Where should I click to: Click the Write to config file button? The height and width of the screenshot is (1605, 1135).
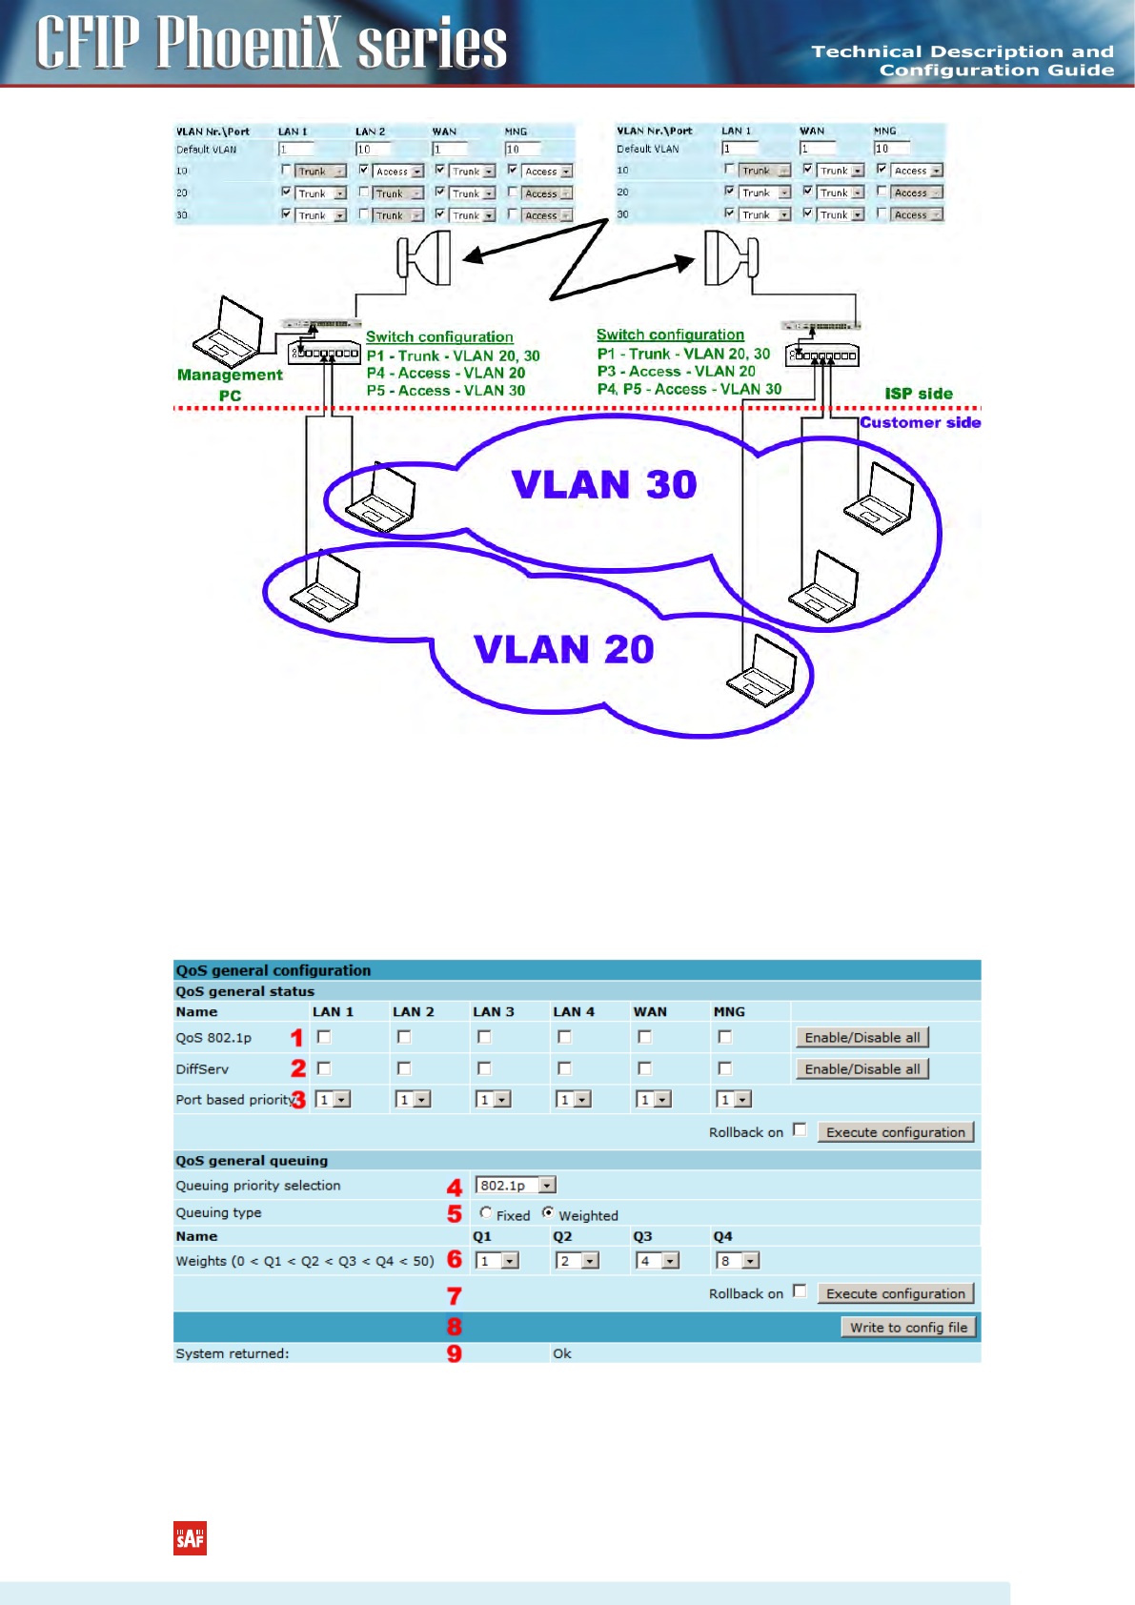pos(908,1328)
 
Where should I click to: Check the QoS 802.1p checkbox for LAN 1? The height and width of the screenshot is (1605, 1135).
pos(324,1037)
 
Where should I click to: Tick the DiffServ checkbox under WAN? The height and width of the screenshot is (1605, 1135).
pos(645,1068)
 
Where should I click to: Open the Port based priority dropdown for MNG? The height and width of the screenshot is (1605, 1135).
pos(734,1100)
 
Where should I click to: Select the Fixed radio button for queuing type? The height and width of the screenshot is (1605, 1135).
pos(486,1213)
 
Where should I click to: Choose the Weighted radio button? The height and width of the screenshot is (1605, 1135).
pos(548,1213)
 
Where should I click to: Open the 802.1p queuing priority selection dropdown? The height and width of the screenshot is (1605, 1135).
pos(516,1186)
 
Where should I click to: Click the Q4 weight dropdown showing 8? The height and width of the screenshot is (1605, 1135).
pos(738,1261)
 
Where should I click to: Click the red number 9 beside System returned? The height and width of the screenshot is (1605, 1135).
pos(455,1353)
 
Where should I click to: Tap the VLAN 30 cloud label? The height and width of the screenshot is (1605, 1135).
pos(604,484)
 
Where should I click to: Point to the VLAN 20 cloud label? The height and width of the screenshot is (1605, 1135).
pos(564,650)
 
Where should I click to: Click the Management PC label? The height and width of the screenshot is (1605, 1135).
pos(230,385)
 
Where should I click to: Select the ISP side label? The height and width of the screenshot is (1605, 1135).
pos(919,394)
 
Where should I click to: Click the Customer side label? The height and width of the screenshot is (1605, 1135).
pos(920,422)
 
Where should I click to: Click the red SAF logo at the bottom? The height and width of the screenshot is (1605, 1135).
pos(190,1538)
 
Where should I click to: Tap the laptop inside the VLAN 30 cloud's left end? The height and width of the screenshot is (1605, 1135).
pos(381,497)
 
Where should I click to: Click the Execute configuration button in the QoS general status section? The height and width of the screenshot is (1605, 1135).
pos(896,1132)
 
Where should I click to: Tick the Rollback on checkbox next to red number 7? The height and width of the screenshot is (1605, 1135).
pos(800,1291)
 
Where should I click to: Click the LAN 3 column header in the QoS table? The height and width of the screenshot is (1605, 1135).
pos(493,1012)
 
